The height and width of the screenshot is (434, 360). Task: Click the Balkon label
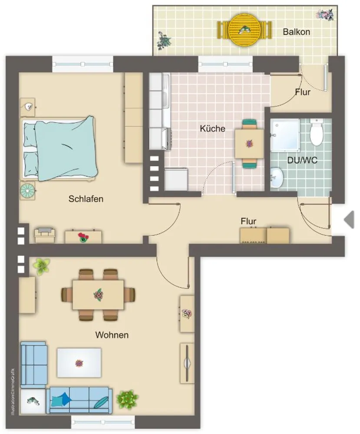click(296, 32)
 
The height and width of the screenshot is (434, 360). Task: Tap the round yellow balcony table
click(244, 30)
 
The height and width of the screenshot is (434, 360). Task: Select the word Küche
click(212, 128)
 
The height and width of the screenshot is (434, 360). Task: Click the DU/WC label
click(302, 160)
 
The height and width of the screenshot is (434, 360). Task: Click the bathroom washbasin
click(277, 178)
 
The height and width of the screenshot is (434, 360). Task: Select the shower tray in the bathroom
click(285, 135)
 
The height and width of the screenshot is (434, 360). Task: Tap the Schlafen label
click(86, 199)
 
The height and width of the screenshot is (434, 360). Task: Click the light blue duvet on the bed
click(66, 148)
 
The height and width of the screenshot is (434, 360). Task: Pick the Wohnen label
click(112, 335)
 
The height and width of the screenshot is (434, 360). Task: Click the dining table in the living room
click(98, 295)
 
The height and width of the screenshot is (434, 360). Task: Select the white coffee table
click(79, 363)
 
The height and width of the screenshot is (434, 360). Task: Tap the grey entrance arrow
click(349, 220)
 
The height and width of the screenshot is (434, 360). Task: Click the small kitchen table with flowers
click(249, 144)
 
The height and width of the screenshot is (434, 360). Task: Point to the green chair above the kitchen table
click(249, 124)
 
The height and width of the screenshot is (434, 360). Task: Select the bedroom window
click(83, 64)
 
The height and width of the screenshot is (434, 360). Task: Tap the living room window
click(103, 422)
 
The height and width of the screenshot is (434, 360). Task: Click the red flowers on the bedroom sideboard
click(83, 237)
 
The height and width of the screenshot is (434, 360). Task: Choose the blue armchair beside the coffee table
click(33, 365)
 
